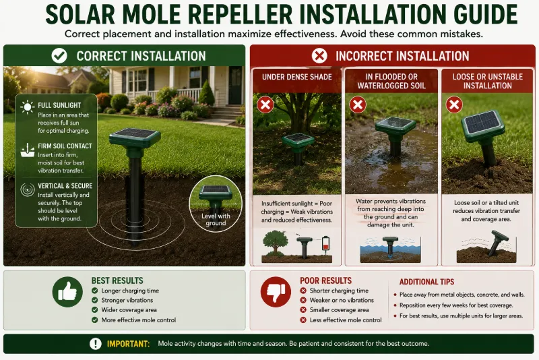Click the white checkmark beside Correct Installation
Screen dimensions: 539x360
(x=59, y=56)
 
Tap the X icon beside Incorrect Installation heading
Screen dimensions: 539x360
(x=319, y=56)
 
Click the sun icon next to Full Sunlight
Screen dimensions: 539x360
(x=28, y=107)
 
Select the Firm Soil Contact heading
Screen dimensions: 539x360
(x=65, y=146)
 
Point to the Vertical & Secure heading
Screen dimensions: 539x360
(x=65, y=185)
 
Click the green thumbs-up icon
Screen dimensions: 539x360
(x=67, y=292)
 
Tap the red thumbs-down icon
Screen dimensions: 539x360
(x=276, y=292)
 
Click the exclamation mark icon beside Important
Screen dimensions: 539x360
(x=96, y=344)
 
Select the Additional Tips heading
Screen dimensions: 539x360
(x=426, y=282)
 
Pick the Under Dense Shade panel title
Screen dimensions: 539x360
(x=297, y=77)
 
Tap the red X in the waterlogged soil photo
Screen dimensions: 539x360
(x=358, y=104)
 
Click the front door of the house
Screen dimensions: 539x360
(x=235, y=86)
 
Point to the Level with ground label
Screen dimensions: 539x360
(x=216, y=219)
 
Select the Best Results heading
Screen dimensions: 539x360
(x=117, y=280)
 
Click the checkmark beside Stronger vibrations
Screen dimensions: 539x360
(x=95, y=300)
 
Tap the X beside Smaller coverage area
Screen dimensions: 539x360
(x=303, y=310)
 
